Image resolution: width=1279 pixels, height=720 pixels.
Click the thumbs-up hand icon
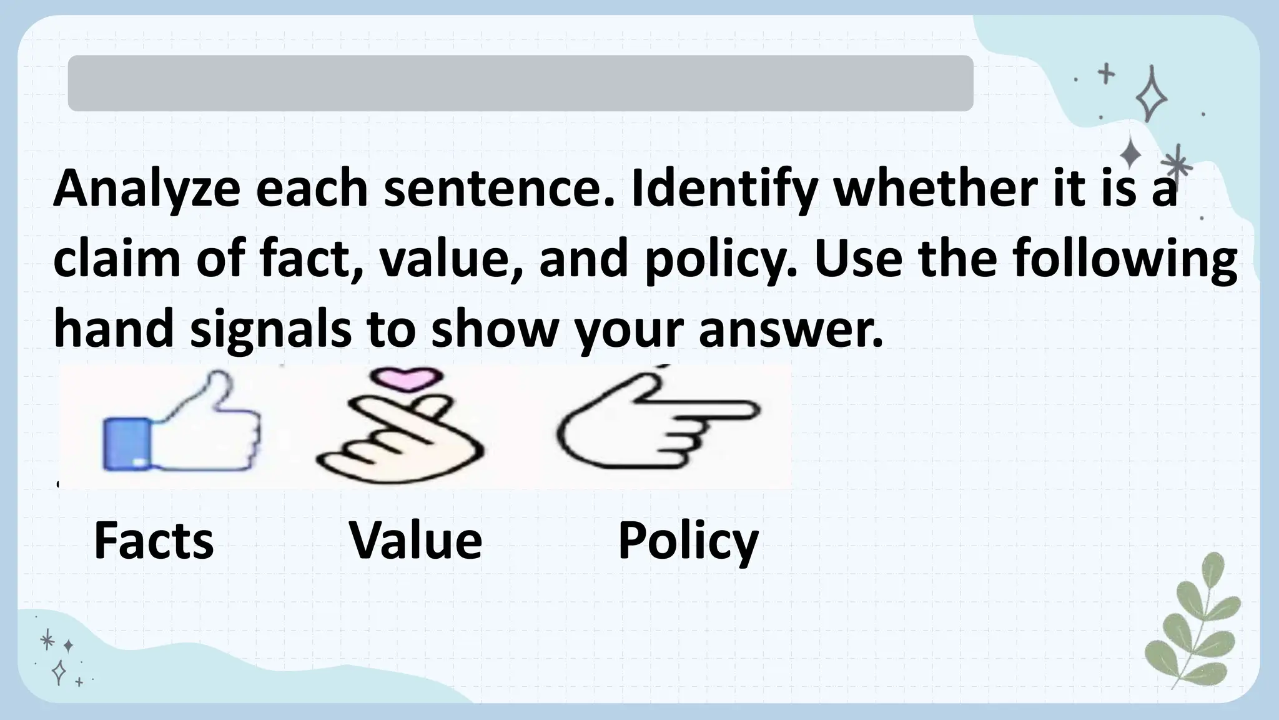tap(181, 425)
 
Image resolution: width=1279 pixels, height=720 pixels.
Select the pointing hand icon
tap(656, 422)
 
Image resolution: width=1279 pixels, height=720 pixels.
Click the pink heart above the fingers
tap(406, 379)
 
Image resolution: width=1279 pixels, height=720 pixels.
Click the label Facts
tap(154, 541)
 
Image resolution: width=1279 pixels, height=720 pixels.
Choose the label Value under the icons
tap(416, 541)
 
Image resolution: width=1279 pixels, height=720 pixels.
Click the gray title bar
tap(520, 83)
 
